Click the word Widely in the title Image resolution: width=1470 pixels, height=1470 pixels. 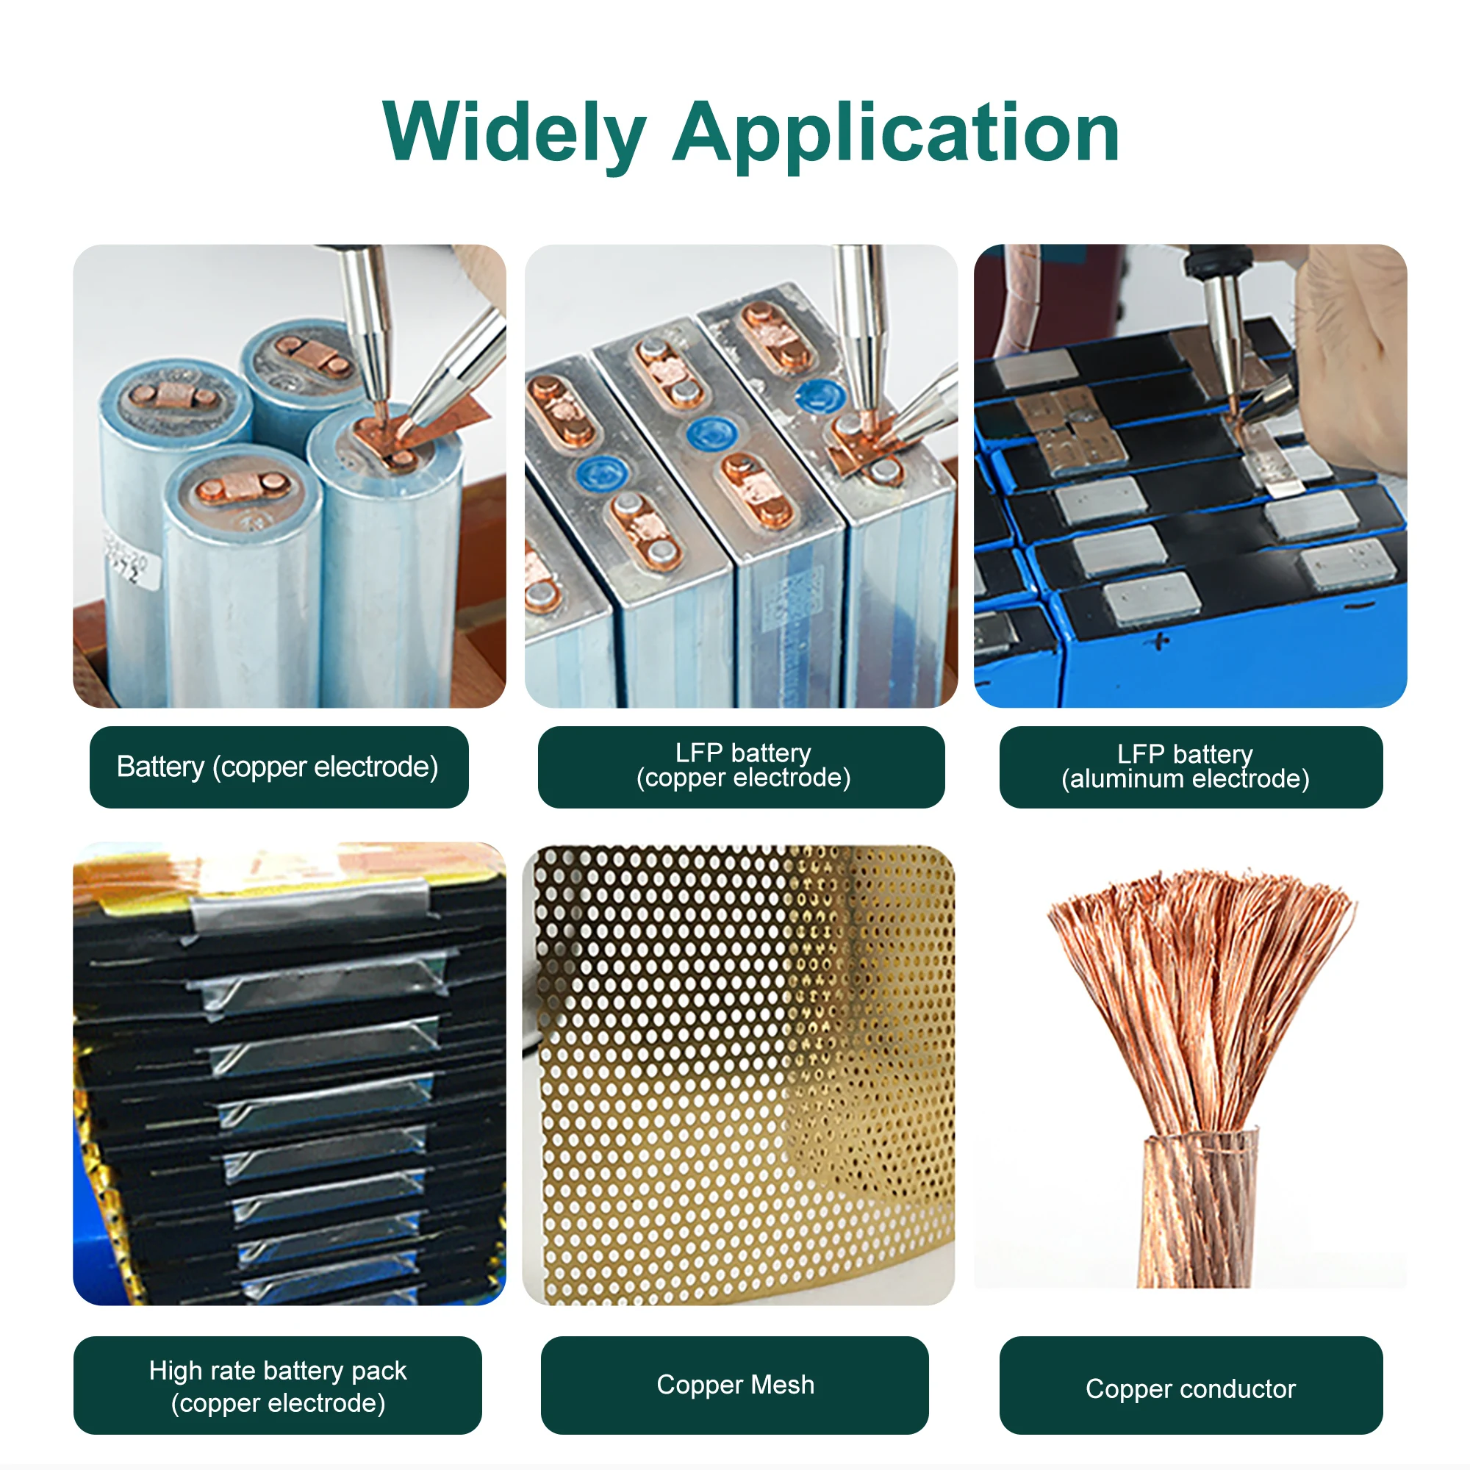click(514, 133)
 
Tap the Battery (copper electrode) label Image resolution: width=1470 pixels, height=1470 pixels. click(278, 767)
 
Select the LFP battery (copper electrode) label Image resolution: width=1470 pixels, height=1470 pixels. click(742, 766)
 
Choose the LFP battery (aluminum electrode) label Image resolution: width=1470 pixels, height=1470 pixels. click(1190, 767)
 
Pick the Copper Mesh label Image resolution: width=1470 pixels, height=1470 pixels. click(734, 1385)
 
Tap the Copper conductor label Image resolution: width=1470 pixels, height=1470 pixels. click(1190, 1388)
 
